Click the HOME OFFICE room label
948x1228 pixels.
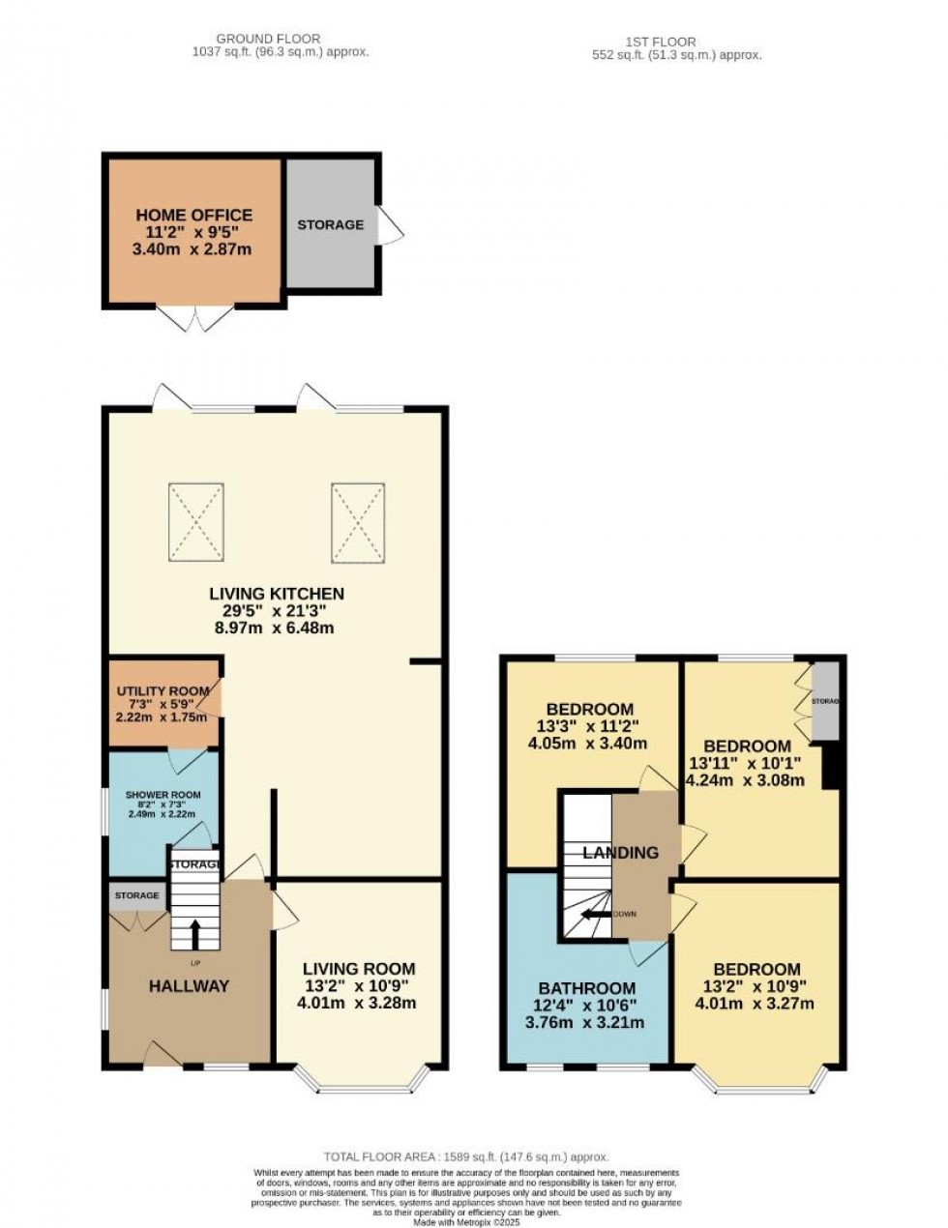point(194,215)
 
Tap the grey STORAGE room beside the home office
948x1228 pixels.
point(330,224)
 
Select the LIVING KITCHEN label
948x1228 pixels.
point(277,593)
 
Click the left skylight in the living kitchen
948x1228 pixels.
point(196,521)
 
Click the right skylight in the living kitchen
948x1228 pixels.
point(359,521)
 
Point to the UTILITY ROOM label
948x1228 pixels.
point(163,690)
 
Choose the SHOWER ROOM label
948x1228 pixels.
point(162,795)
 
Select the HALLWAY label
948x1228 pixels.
point(189,986)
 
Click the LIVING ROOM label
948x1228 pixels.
point(359,968)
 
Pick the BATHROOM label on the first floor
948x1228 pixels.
point(587,988)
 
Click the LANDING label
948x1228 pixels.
point(620,852)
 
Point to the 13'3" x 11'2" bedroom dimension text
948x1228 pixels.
point(589,726)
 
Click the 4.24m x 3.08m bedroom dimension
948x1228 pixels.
point(746,781)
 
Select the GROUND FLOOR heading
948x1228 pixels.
point(269,39)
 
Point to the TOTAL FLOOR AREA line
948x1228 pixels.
point(466,1156)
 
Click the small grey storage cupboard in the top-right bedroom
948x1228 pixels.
point(825,701)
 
